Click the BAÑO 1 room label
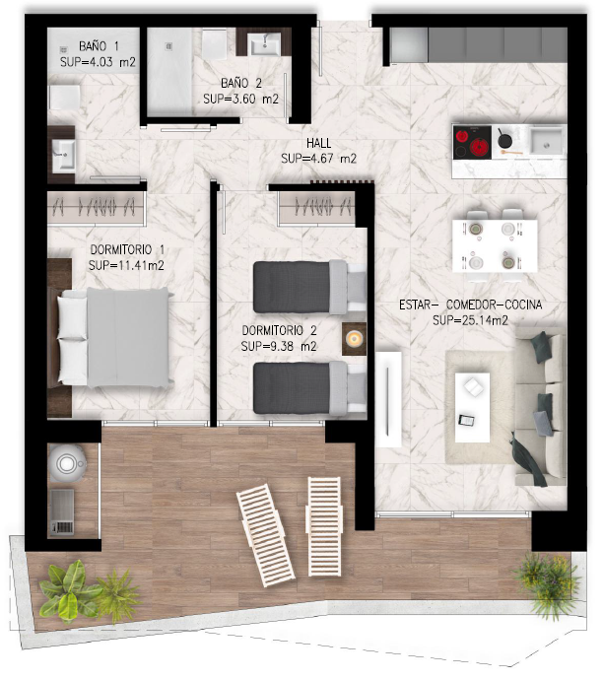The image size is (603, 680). (99, 46)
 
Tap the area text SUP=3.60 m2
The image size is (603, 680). (241, 100)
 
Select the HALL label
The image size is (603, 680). (318, 143)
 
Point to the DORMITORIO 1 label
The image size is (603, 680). (127, 249)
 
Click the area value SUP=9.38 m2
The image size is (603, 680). (279, 347)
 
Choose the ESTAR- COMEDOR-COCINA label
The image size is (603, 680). (470, 305)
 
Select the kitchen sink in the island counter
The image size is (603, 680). (547, 141)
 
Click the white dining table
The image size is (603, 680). (495, 246)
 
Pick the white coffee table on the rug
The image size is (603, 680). (472, 408)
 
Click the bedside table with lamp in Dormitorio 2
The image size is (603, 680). (354, 339)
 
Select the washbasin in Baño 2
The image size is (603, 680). (264, 44)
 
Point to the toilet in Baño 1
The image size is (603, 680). (64, 98)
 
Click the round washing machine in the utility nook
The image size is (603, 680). (67, 463)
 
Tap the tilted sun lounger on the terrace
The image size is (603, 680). (266, 536)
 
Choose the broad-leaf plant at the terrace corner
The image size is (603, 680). (69, 591)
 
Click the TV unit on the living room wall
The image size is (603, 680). (388, 399)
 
